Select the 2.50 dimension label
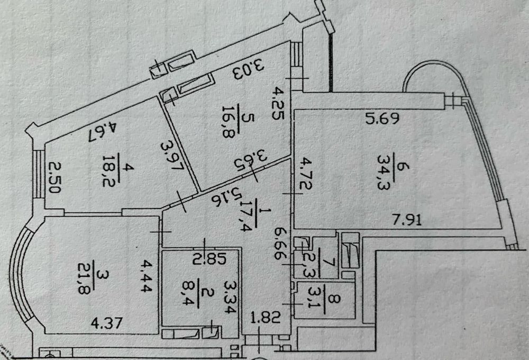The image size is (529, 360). tap(52, 179)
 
